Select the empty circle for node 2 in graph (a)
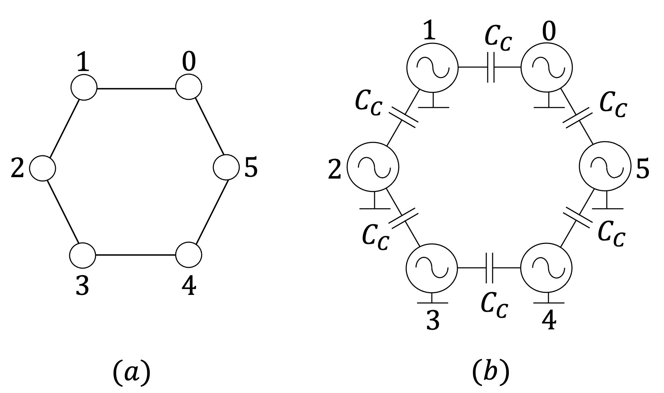point(43,168)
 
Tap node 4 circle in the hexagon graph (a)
point(189,255)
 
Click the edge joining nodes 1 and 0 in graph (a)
point(136,89)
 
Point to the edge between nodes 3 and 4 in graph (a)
point(135,255)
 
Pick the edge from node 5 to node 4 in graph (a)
point(211,212)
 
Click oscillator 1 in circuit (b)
point(432,67)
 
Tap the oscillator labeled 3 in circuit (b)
point(432,268)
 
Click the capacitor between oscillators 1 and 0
point(491,67)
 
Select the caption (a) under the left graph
point(131,373)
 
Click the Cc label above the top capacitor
point(498,38)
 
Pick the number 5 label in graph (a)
point(251,167)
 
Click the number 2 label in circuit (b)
point(334,170)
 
